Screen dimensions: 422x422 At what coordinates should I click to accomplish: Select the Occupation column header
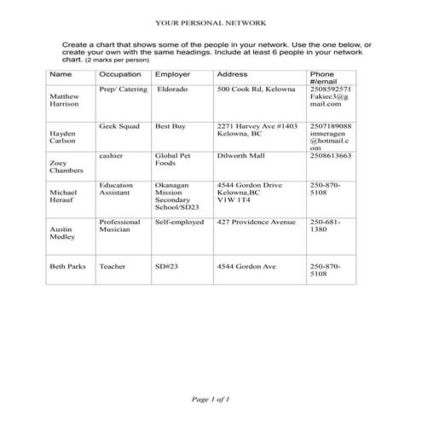[119, 75]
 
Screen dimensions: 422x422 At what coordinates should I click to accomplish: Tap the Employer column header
[172, 75]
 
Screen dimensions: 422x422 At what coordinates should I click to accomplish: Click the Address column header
[233, 75]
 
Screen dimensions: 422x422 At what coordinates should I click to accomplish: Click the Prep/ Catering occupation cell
[123, 89]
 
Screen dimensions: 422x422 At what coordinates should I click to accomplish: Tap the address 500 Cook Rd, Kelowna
[256, 89]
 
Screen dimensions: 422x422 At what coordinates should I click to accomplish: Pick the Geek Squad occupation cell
[119, 125]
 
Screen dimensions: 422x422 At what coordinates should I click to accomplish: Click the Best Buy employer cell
[170, 125]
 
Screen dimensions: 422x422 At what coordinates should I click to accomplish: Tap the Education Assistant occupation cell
[117, 189]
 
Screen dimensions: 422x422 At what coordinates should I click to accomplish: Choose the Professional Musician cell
[119, 226]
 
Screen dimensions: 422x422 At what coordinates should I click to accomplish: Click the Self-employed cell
[179, 222]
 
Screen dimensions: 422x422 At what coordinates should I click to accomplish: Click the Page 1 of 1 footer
[211, 398]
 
